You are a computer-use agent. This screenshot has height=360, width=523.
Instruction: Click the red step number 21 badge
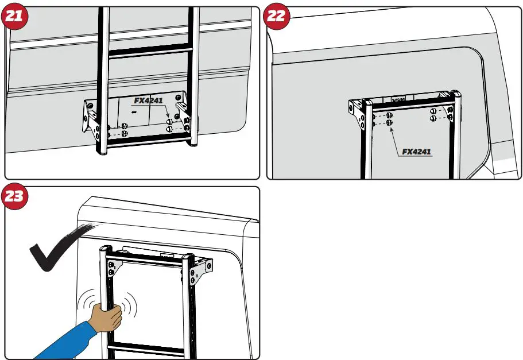pos(16,16)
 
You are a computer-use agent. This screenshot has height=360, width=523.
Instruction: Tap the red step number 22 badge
pos(277,16)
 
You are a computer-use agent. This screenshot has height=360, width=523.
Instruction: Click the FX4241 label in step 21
pos(149,100)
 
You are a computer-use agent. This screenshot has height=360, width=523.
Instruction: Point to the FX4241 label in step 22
pos(416,152)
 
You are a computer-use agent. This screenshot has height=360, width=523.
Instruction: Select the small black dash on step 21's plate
pos(134,113)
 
